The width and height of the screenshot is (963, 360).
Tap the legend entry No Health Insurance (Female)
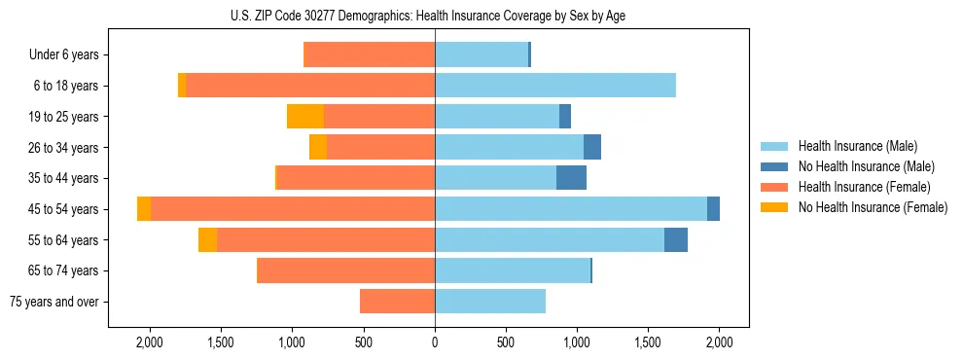pos(873,207)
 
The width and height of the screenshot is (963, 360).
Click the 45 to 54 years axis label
pos(64,209)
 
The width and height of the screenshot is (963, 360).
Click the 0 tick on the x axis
pos(435,343)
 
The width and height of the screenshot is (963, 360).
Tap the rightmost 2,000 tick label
pos(719,343)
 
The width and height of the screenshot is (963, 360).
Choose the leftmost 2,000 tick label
pos(150,343)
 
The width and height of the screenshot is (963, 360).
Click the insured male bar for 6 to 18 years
pos(554,86)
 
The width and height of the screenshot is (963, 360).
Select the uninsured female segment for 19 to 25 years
pos(305,117)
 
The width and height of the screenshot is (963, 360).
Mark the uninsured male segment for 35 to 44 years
pos(571,178)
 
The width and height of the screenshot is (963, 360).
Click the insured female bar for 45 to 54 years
pos(292,209)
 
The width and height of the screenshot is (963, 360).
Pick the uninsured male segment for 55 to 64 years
pos(676,240)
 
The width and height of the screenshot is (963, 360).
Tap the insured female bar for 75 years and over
pos(397,302)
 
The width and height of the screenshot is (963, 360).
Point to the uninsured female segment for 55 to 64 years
pos(207,240)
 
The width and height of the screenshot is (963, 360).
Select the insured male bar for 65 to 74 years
pos(512,270)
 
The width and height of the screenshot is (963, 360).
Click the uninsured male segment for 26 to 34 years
pos(592,147)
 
